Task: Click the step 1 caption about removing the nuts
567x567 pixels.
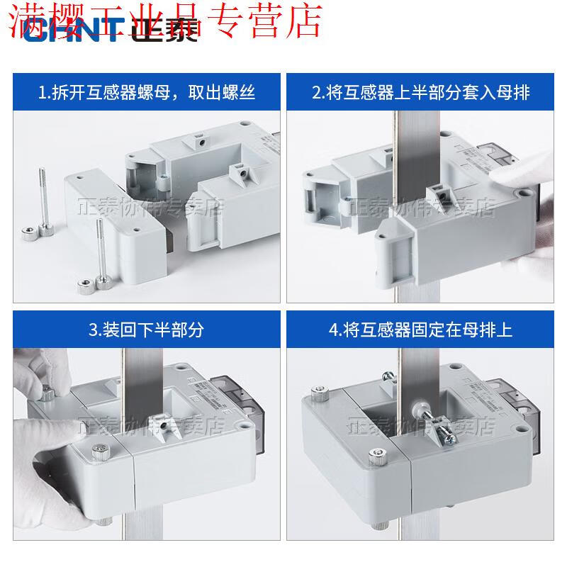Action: tap(147, 92)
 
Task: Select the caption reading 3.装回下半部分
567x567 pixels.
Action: tap(147, 330)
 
